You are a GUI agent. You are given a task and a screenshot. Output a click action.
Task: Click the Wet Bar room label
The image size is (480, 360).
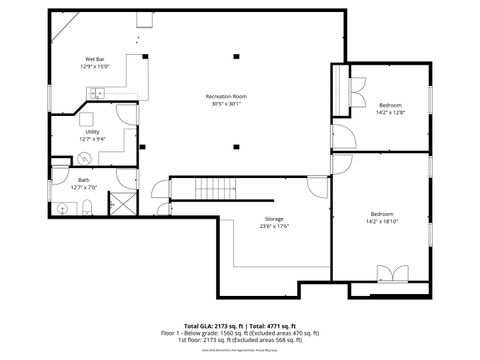point(95,61)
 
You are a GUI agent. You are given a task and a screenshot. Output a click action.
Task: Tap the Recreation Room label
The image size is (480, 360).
point(226,96)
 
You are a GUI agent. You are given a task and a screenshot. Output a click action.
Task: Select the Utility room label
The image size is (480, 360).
point(92,131)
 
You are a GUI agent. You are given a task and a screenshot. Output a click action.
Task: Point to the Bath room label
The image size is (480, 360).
point(84,180)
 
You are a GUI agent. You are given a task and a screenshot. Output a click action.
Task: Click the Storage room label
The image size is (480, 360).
point(274,218)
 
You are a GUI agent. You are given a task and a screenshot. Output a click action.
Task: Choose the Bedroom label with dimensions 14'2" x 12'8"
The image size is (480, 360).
point(390,105)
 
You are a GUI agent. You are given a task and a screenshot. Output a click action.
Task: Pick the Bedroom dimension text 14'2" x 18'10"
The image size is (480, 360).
point(382,222)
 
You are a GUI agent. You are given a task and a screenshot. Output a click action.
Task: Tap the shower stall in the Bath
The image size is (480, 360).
point(122,204)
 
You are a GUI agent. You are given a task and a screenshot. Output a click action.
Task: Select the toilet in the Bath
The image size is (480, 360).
point(89,208)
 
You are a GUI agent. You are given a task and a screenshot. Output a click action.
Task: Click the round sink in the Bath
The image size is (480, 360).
point(63,208)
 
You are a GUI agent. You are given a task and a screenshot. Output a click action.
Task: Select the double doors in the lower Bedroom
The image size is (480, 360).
point(391,273)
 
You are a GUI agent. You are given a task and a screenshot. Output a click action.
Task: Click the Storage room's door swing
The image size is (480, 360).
point(317,185)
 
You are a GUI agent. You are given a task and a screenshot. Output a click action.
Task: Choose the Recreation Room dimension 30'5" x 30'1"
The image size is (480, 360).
point(226,104)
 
